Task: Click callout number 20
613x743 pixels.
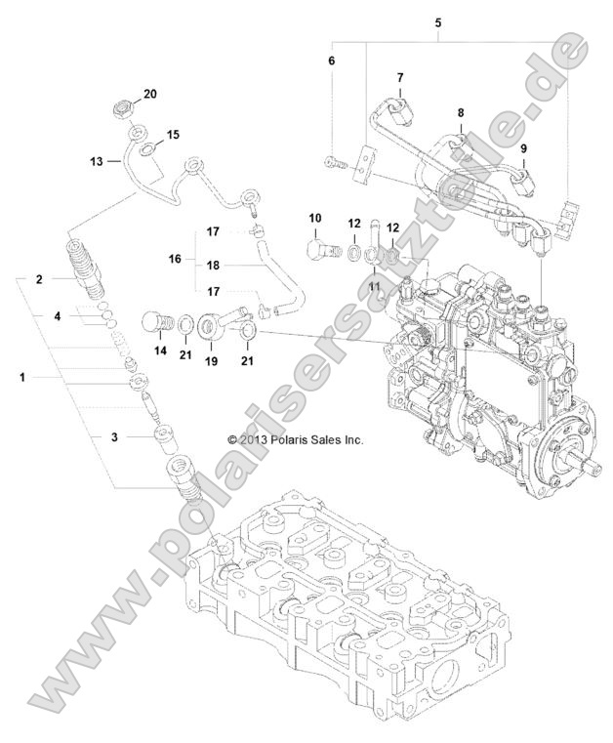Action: tap(149, 94)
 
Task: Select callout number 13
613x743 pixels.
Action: tap(97, 162)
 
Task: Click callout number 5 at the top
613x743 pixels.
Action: tap(437, 21)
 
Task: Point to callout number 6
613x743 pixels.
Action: tap(331, 61)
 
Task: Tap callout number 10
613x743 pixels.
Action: tap(315, 216)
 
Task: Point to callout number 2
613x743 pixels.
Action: tap(40, 279)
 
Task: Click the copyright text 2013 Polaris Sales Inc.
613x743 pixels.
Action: tap(295, 439)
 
